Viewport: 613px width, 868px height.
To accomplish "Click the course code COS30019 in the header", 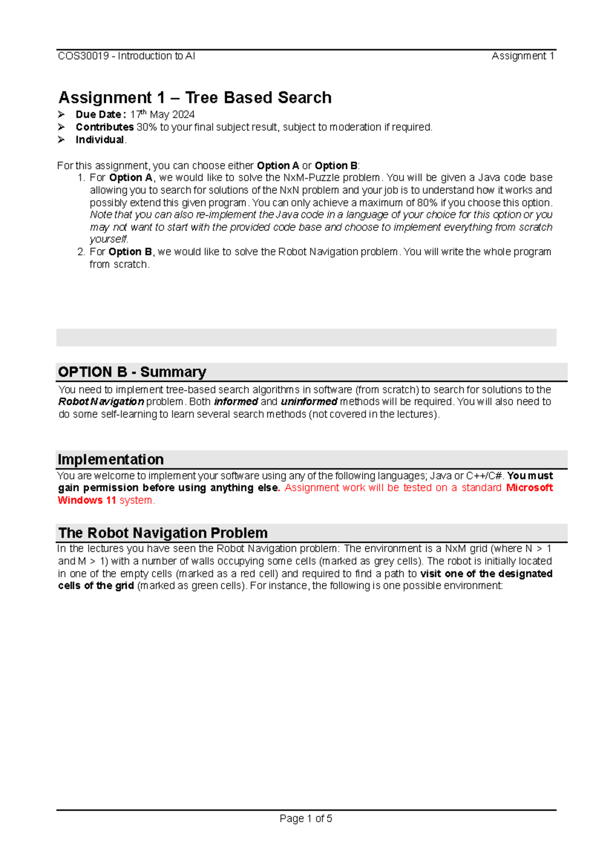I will pyautogui.click(x=83, y=56).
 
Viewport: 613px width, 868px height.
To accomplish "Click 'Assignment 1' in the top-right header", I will pyautogui.click(x=523, y=56).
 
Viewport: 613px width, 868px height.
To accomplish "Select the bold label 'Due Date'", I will pyautogui.click(x=99, y=114).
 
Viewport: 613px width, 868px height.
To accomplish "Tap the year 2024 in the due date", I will pyautogui.click(x=182, y=114).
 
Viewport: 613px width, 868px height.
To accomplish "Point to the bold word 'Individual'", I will pyautogui.click(x=100, y=140).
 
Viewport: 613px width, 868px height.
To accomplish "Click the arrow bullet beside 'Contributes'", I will pyautogui.click(x=62, y=127).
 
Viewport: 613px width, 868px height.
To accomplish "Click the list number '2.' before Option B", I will pyautogui.click(x=81, y=252).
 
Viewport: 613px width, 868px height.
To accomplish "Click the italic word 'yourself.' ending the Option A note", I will pyautogui.click(x=109, y=239).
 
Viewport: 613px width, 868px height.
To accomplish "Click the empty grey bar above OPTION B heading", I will pyautogui.click(x=306, y=337).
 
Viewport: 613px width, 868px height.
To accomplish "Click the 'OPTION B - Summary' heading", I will pyautogui.click(x=132, y=372).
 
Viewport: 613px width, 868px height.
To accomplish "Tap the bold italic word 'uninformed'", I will pyautogui.click(x=309, y=402).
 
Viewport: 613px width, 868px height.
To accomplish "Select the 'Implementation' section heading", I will pyautogui.click(x=111, y=459).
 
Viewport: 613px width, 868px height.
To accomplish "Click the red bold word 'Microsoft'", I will pyautogui.click(x=529, y=488).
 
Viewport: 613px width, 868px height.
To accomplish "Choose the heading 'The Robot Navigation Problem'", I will pyautogui.click(x=163, y=533).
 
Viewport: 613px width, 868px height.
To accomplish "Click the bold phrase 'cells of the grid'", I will pyautogui.click(x=96, y=586).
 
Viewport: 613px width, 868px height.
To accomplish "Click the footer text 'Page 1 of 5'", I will pyautogui.click(x=306, y=819).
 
